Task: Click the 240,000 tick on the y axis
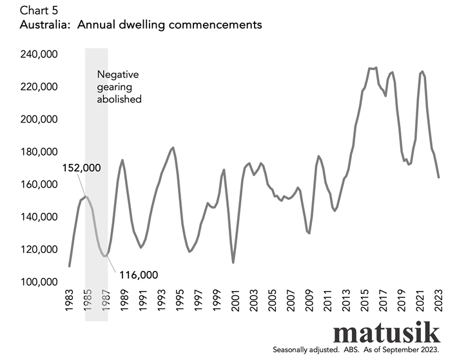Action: pyautogui.click(x=39, y=54)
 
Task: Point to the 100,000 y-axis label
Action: pyautogui.click(x=39, y=281)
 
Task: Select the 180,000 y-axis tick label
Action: pyautogui.click(x=39, y=152)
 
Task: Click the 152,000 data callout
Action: pyautogui.click(x=81, y=168)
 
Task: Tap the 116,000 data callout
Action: pyautogui.click(x=139, y=275)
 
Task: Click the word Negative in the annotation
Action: pyautogui.click(x=118, y=74)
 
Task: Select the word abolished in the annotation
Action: pyautogui.click(x=119, y=99)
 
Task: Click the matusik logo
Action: pyautogui.click(x=386, y=332)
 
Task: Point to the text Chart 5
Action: pyautogui.click(x=39, y=11)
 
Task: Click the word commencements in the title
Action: pyautogui.click(x=215, y=25)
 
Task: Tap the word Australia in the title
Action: pyautogui.click(x=46, y=25)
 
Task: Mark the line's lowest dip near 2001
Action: pyautogui.click(x=233, y=263)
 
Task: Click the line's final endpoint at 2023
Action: pyautogui.click(x=438, y=177)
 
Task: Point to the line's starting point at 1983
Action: pyautogui.click(x=69, y=266)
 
